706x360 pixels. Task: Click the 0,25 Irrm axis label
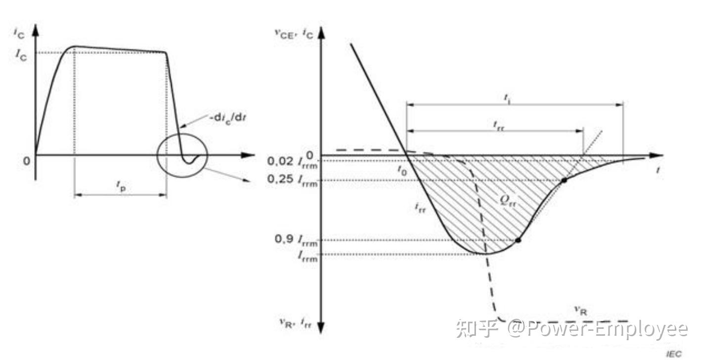(293, 180)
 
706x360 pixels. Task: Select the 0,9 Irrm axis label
(296, 240)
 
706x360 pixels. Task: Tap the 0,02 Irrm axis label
(293, 162)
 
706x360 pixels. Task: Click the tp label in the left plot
(121, 185)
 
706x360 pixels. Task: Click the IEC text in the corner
(674, 353)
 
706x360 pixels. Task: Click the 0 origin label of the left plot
(27, 160)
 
